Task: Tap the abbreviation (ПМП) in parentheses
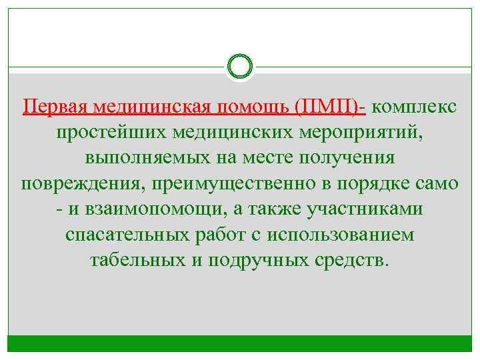tap(333, 107)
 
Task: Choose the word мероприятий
tap(355, 133)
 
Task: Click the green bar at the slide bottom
tap(240, 343)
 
